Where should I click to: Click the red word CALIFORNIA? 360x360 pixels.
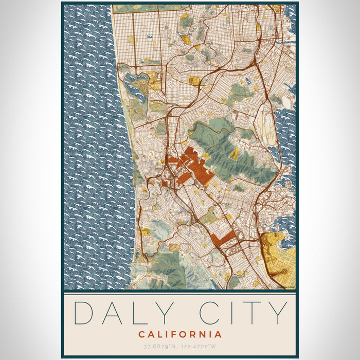tap(180, 334)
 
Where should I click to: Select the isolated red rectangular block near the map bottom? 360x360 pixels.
tap(222, 238)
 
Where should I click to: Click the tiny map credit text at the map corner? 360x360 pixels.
tap(286, 286)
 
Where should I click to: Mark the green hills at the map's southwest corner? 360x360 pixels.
tap(165, 267)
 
